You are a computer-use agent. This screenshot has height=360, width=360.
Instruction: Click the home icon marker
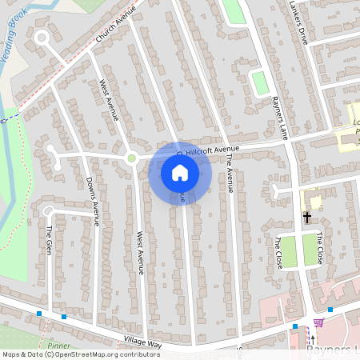tap(180, 172)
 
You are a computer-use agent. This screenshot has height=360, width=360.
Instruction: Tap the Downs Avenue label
tap(92, 200)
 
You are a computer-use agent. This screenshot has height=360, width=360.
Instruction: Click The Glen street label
tap(49, 240)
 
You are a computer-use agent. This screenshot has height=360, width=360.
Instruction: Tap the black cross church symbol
tap(306, 217)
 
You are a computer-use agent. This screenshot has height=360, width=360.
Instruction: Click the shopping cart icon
tap(318, 322)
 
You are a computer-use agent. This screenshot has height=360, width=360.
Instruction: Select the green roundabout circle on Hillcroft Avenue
tap(131, 158)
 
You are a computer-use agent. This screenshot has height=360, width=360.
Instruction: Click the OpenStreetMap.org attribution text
tap(104, 354)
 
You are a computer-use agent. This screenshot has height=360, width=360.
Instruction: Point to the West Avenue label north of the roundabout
tap(108, 100)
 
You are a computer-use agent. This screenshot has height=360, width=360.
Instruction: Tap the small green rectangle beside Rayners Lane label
tap(258, 82)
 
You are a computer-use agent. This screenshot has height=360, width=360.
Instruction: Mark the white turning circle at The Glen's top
tap(48, 210)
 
